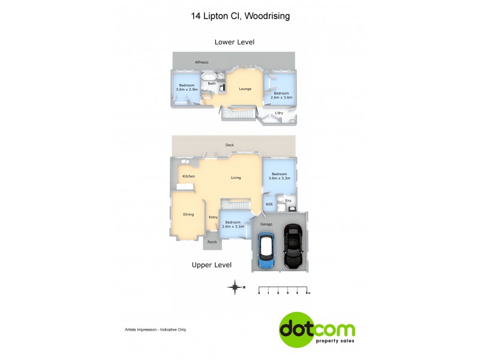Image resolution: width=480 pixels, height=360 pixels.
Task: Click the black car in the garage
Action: [x=293, y=247]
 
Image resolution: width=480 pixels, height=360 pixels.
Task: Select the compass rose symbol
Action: [x=236, y=287]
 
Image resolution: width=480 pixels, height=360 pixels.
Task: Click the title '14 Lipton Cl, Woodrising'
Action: [x=240, y=16]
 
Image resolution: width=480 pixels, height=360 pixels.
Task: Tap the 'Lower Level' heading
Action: [x=235, y=42]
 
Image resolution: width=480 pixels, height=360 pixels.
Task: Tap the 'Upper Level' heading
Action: [x=211, y=265]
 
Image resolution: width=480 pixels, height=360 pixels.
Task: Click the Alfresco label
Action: [x=201, y=62]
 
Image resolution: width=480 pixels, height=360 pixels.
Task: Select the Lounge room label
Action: [x=245, y=89]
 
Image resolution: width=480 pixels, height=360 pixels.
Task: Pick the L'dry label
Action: [x=278, y=113]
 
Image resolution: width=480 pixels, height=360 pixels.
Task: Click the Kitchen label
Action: [x=189, y=176]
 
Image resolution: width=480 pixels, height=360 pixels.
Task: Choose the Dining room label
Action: [x=188, y=214]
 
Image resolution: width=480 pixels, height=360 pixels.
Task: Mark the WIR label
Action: [x=269, y=205]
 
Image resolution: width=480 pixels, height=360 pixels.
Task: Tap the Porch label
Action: [x=212, y=242]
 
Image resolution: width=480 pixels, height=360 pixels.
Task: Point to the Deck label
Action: [x=229, y=145]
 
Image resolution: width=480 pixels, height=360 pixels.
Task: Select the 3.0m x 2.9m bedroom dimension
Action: [x=186, y=89]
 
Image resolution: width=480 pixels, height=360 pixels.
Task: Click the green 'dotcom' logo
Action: [x=317, y=329]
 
